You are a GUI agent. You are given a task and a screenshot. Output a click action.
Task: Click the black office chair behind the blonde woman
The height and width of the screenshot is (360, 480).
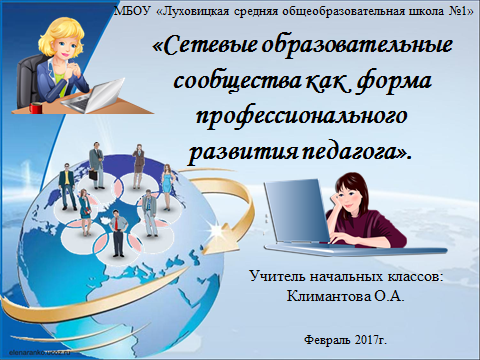20,75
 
